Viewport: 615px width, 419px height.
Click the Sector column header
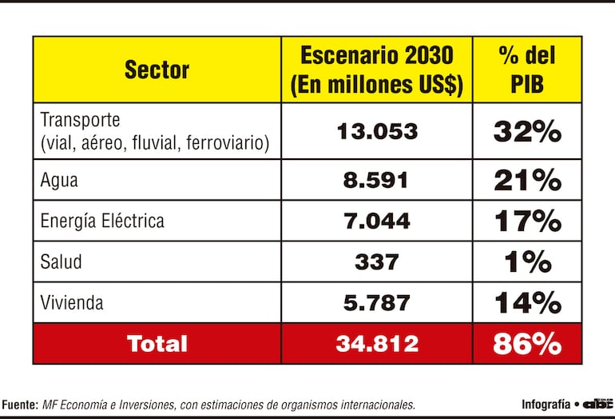157,70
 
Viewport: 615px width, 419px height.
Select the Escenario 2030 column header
376,70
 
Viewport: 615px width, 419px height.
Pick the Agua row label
59,180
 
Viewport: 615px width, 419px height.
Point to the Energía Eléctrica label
102,221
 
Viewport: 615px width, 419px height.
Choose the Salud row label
61,261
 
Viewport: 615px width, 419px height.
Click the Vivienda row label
72,303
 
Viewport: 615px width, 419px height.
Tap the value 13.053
376,131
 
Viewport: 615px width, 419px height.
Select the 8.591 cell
376,180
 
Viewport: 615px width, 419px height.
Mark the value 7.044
376,221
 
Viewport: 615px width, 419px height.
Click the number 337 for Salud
376,261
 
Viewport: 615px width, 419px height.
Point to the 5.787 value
376,303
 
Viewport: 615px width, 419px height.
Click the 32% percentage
526,131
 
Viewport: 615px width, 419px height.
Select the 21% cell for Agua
526,180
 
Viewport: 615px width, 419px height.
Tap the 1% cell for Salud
526,261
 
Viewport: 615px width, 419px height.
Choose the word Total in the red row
157,344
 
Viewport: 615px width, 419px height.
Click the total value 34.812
376,344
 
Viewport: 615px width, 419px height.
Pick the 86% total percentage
526,344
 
